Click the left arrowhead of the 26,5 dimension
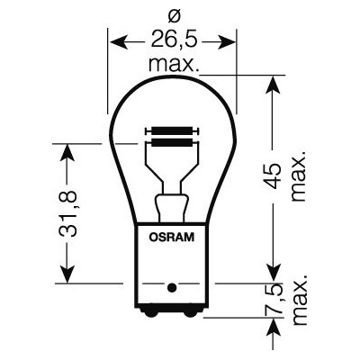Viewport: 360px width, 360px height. [113, 40]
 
